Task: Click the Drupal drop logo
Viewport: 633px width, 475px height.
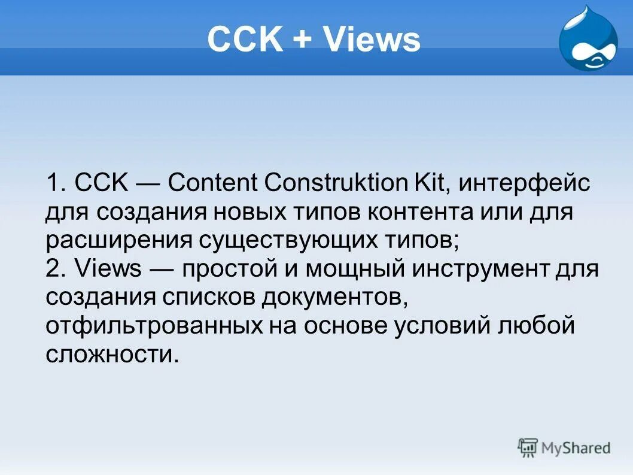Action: (588, 40)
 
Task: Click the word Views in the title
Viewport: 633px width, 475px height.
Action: (372, 40)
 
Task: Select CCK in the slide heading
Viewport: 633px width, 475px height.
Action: (244, 40)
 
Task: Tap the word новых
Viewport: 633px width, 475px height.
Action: (253, 212)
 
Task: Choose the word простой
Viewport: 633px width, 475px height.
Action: (223, 270)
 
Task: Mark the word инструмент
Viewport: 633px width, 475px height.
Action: (480, 270)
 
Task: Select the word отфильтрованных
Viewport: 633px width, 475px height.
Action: (155, 326)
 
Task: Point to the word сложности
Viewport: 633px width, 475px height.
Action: (112, 355)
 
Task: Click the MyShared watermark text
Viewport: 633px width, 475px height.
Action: (575, 447)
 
